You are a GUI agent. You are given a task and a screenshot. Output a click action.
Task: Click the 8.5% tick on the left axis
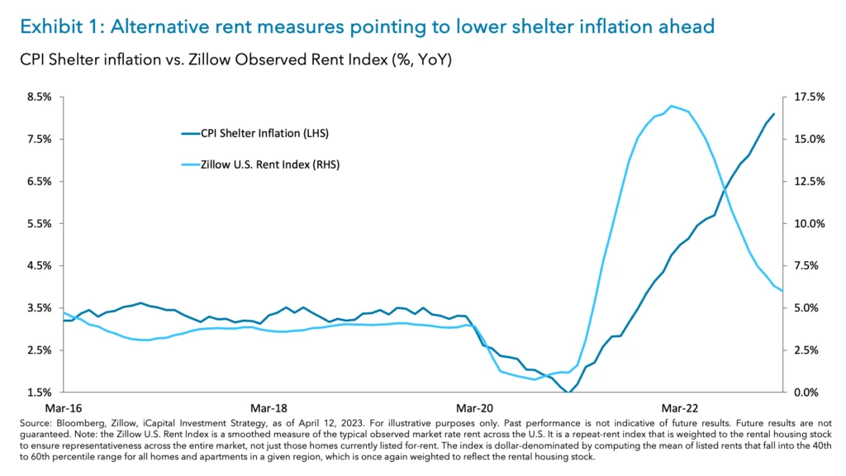point(40,97)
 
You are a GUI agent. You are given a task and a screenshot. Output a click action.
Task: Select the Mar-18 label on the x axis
point(269,408)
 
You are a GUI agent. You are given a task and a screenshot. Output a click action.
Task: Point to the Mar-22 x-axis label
point(679,408)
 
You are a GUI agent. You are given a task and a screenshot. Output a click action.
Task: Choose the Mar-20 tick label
point(474,408)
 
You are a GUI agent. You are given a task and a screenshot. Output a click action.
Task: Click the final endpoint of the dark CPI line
point(774,114)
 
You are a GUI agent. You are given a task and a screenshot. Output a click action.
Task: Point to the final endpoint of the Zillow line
point(782,291)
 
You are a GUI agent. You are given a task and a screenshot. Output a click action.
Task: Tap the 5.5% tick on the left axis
point(40,223)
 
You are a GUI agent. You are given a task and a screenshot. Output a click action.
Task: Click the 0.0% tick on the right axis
point(810,392)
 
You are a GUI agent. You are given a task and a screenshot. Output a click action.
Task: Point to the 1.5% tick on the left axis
point(40,392)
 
